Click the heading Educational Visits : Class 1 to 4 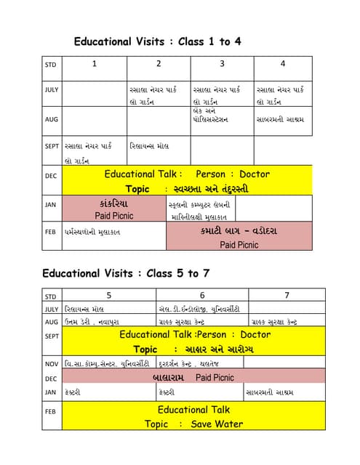tap(157, 41)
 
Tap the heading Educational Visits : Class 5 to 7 tap(126, 273)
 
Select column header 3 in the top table tap(222, 64)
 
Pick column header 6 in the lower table tap(201, 295)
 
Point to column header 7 tap(287, 295)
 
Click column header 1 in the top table tap(94, 64)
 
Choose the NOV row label tap(52, 364)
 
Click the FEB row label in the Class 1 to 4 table tap(52, 232)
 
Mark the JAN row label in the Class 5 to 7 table tap(51, 392)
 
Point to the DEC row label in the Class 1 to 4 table tap(52, 176)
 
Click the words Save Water tap(217, 424)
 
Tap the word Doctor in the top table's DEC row tap(254, 174)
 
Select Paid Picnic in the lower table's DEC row tap(215, 378)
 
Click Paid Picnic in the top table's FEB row tap(239, 245)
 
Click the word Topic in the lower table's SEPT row tap(145, 349)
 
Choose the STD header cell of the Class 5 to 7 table tap(51, 296)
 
